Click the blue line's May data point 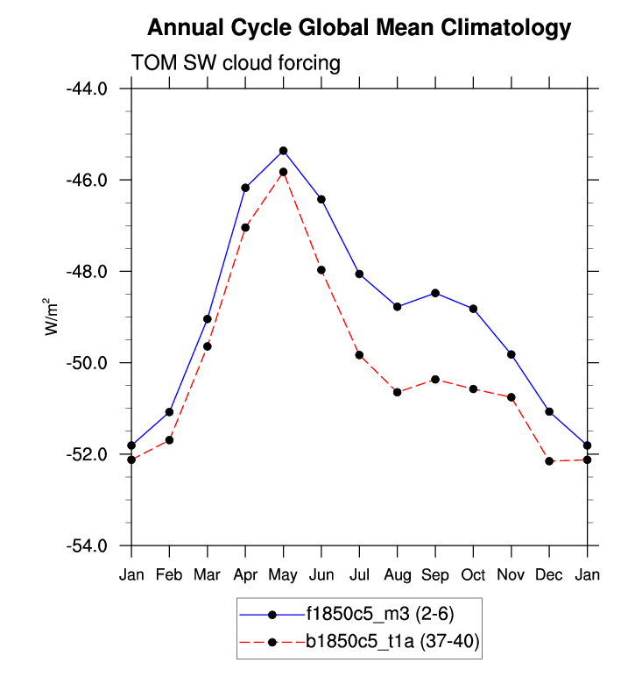(x=284, y=151)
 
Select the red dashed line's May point (x=284, y=172)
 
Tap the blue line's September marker (x=435, y=293)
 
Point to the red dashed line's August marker (x=398, y=392)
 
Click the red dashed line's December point (x=549, y=461)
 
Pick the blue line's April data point (x=246, y=188)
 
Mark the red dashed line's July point (x=359, y=355)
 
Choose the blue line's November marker (x=511, y=354)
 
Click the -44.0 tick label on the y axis (x=86, y=89)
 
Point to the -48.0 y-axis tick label (x=86, y=272)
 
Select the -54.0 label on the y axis (x=86, y=546)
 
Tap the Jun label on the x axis (x=321, y=574)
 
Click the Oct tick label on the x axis (x=473, y=574)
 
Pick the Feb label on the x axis (x=170, y=574)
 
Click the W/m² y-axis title (x=53, y=317)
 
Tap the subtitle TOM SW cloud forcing (x=236, y=63)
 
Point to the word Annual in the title (x=181, y=28)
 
